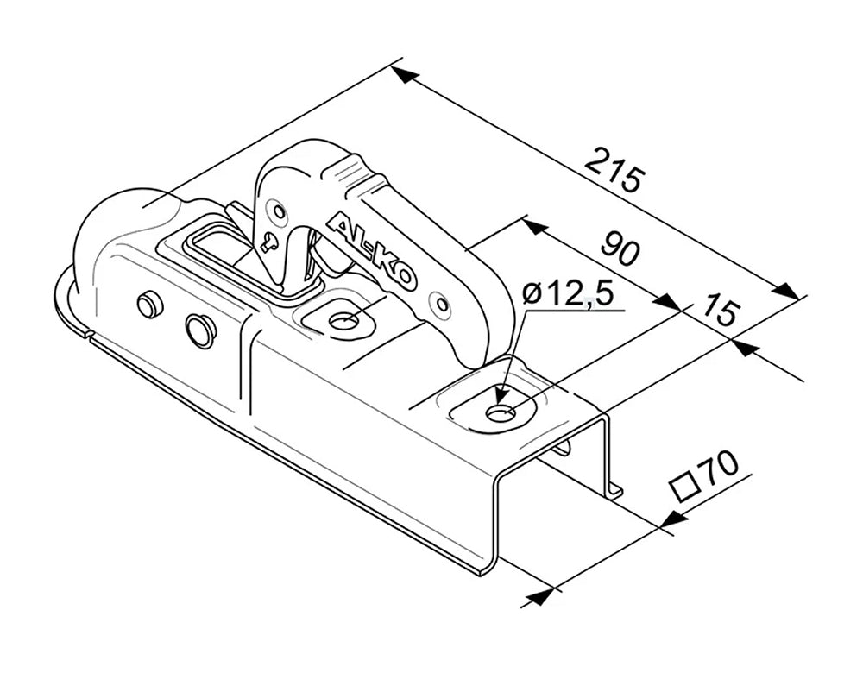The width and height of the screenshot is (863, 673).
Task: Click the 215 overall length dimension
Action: coord(614,170)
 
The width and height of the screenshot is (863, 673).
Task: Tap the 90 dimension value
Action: coord(620,248)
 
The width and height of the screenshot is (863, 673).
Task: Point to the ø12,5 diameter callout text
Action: coord(567,294)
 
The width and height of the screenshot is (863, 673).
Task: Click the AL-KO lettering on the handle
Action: coord(372,252)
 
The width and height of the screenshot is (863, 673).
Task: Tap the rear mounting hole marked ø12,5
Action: coord(500,412)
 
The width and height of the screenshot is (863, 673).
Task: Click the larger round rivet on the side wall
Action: coord(200,330)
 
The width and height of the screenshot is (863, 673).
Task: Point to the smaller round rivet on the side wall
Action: coord(150,304)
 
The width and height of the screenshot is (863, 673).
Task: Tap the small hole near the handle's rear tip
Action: coord(442,304)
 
